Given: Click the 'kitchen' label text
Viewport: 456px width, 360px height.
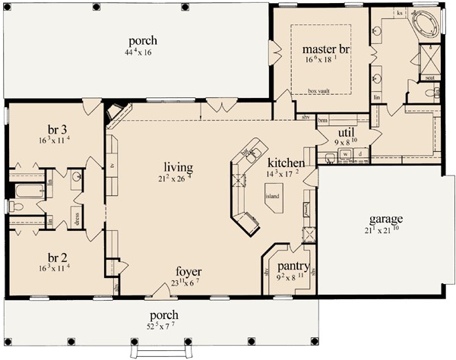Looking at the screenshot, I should pyautogui.click(x=287, y=163).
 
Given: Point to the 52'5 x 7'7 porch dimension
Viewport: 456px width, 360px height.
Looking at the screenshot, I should pyautogui.click(x=165, y=327).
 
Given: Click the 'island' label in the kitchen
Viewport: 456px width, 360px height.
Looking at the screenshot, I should pyautogui.click(x=272, y=195).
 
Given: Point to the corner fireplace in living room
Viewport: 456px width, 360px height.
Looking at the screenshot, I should pyautogui.click(x=116, y=113).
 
